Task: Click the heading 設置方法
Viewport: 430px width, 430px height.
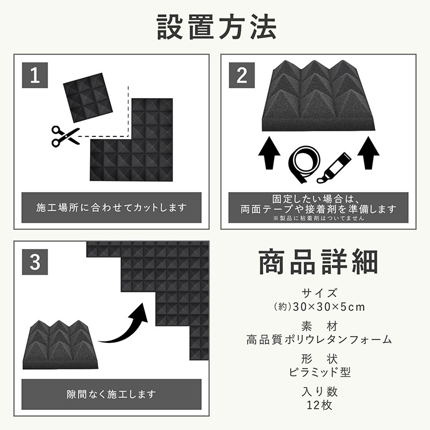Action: [x=216, y=28]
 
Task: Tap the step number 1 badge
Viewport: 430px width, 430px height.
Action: [x=35, y=75]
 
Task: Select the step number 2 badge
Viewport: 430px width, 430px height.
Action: [x=241, y=75]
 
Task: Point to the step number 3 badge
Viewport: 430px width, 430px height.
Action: [x=35, y=262]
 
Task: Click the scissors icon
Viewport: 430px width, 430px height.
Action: [x=65, y=136]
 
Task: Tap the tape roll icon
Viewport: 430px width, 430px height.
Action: [x=304, y=165]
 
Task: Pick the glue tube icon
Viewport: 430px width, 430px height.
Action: [x=334, y=167]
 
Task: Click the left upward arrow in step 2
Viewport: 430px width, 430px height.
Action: [x=269, y=153]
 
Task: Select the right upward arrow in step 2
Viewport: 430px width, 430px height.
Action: [x=368, y=153]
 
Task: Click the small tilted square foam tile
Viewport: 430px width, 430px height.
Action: [x=88, y=97]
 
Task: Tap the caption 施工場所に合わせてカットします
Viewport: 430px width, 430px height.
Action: [x=111, y=208]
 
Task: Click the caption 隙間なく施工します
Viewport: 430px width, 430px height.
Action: [x=111, y=394]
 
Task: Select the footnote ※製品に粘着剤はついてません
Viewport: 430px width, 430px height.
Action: [x=318, y=218]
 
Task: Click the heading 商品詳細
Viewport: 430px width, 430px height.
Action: [x=318, y=261]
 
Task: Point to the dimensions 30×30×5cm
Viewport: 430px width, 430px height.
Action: [x=329, y=307]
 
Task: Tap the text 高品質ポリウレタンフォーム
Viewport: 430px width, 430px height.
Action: [x=319, y=340]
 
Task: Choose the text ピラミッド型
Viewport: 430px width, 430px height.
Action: [x=320, y=372]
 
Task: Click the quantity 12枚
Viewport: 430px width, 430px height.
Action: [x=319, y=405]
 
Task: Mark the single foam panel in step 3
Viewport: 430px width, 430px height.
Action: [x=60, y=345]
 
